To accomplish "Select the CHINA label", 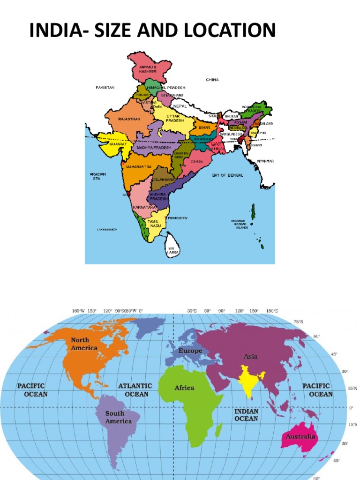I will coord(212,80).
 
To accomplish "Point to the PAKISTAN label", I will coord(105,87).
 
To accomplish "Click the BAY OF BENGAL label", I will coord(228,175).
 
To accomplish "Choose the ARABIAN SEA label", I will coord(98,176).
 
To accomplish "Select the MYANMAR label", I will coord(265,161).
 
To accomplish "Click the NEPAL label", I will coord(180,106).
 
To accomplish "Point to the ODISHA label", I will coord(197,161).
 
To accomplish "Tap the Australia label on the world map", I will coord(301,437).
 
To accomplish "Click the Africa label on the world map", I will coord(184,388).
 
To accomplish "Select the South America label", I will coord(115,417).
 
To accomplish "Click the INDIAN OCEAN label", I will coord(246,414).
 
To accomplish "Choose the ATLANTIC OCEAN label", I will coord(135,390).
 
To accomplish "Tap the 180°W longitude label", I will coord(78,311).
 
